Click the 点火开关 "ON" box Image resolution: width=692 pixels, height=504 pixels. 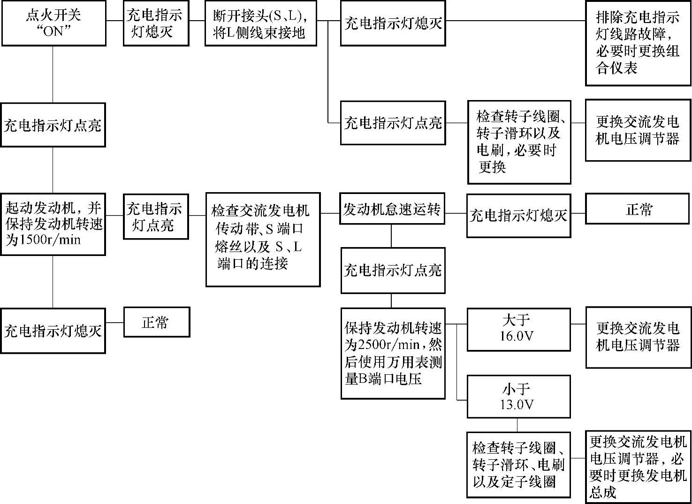(x=53, y=23)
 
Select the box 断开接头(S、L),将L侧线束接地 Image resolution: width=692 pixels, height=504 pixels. (x=260, y=24)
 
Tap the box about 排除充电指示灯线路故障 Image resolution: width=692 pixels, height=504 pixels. (x=638, y=43)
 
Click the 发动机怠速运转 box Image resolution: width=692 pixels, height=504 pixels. (x=392, y=209)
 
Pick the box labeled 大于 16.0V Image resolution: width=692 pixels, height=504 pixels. (x=518, y=329)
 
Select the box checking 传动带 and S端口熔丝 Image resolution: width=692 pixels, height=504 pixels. (x=263, y=239)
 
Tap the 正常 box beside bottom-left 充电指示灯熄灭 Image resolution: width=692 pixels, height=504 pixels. (x=156, y=322)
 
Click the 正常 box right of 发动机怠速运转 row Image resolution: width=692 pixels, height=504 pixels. (x=638, y=209)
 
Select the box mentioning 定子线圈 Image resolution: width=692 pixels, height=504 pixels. (x=518, y=465)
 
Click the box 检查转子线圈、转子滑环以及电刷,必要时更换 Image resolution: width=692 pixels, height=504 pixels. (x=519, y=142)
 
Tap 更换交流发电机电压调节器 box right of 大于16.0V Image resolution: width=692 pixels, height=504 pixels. (x=638, y=337)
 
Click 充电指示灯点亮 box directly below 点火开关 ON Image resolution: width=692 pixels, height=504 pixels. (x=53, y=125)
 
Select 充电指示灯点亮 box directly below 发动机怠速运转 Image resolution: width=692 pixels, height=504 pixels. (x=393, y=271)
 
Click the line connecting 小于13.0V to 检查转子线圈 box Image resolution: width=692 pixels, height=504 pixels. (x=517, y=425)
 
